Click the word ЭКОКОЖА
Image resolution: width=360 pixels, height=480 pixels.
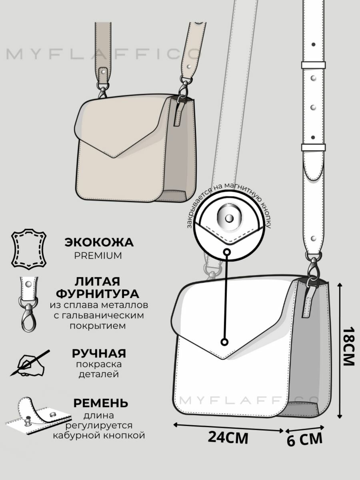point(99,242)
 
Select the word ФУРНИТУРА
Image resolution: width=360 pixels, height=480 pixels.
point(98,294)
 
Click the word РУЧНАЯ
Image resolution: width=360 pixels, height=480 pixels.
point(99,353)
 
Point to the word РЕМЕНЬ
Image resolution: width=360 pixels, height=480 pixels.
point(100,402)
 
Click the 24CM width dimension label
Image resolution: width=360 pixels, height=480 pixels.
point(228,438)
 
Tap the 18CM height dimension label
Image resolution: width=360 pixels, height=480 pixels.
point(348,346)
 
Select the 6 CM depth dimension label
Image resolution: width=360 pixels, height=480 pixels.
point(304,440)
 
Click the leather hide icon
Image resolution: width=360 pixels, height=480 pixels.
point(28,248)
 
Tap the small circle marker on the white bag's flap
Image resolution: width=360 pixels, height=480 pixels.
point(225,342)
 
